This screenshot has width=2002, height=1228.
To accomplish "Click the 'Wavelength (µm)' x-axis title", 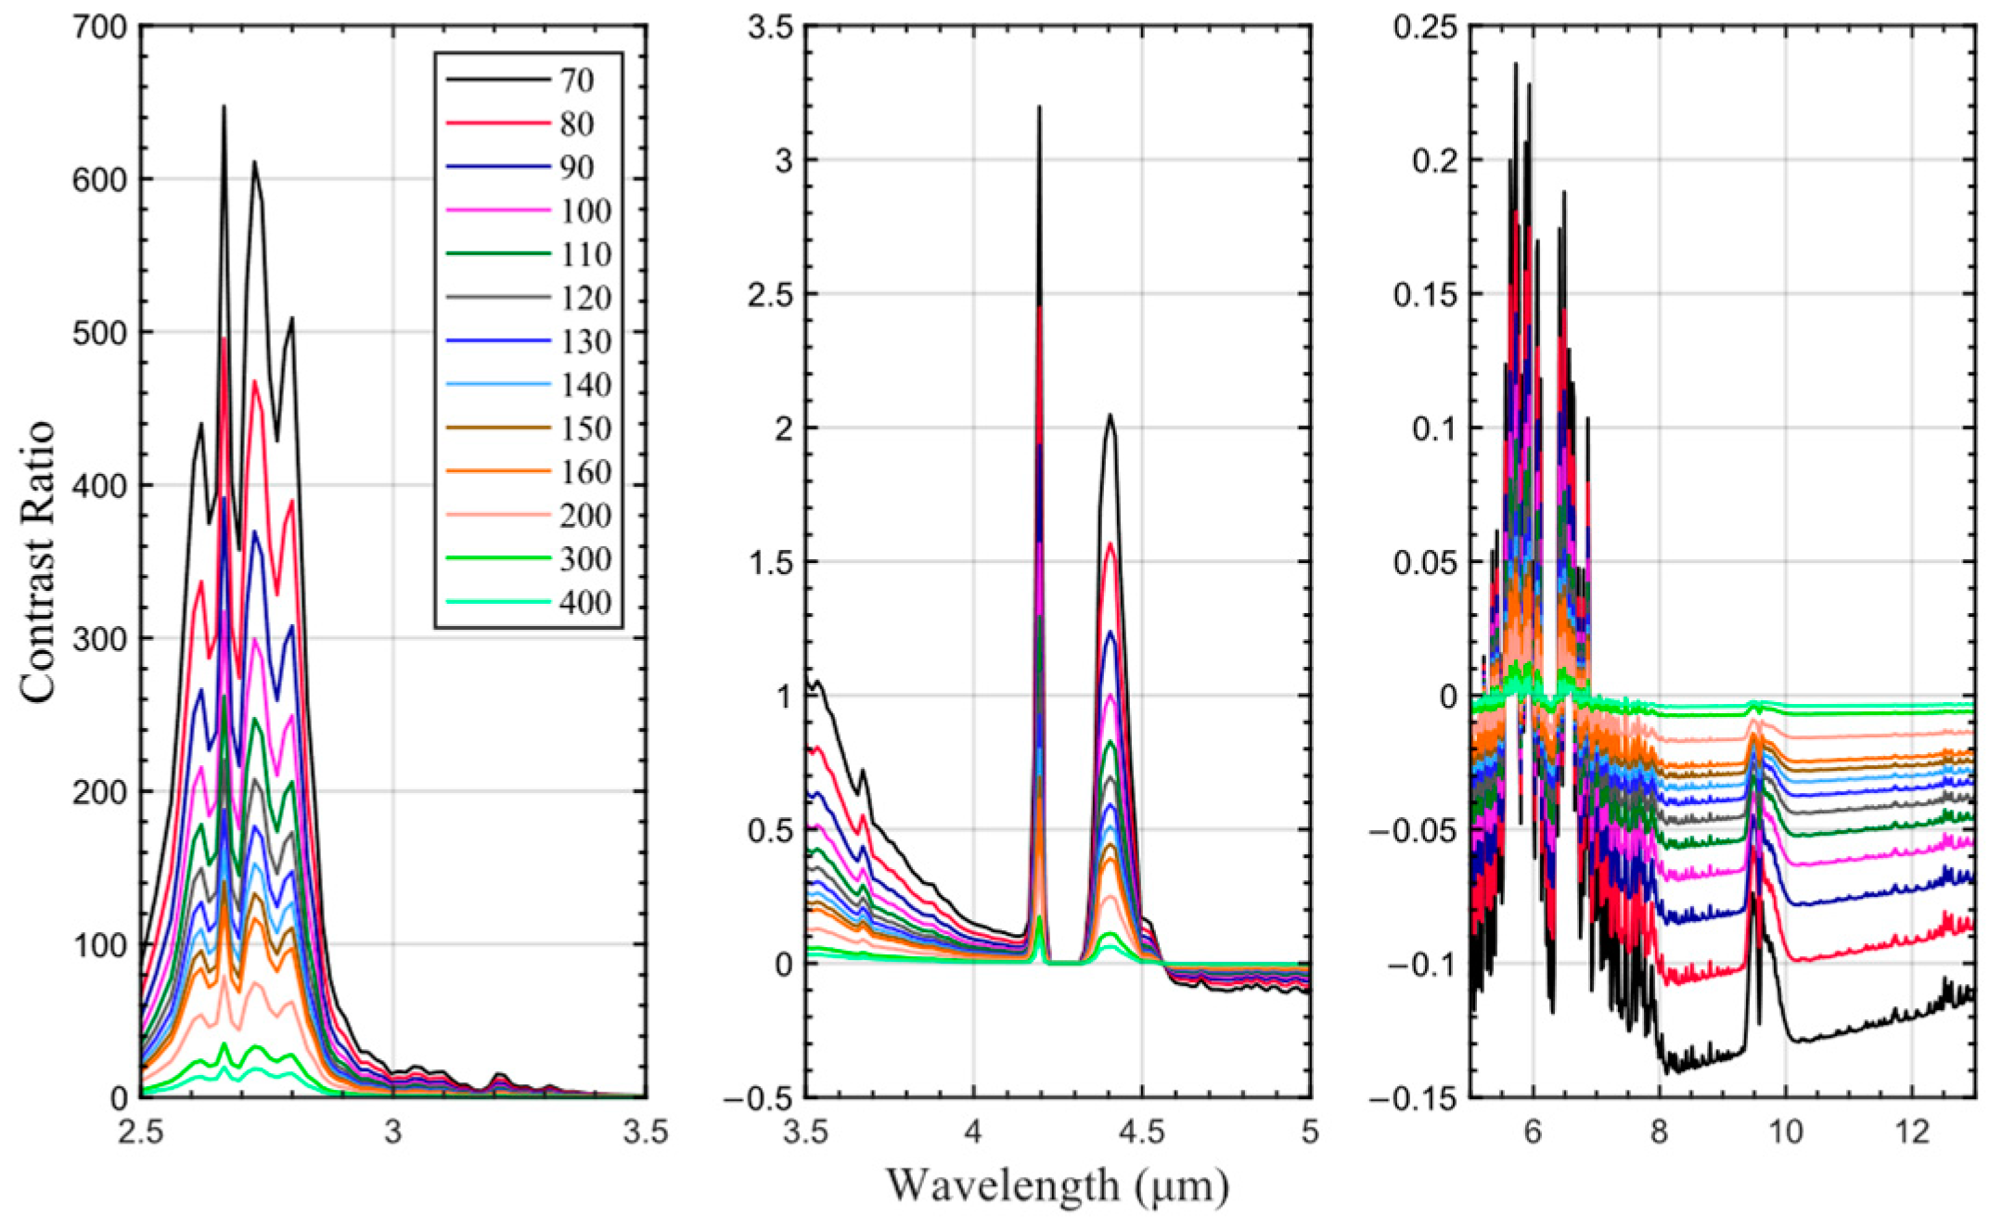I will pyautogui.click(x=1058, y=1185).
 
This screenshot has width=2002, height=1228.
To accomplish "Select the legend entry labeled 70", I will pyautogui.click(x=575, y=81).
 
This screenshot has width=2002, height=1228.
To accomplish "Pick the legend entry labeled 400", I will pyautogui.click(x=584, y=603).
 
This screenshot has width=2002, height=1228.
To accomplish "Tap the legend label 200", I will pyautogui.click(x=584, y=516).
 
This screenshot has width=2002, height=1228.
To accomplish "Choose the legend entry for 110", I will pyautogui.click(x=584, y=254).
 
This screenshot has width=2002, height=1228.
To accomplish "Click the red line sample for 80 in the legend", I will pyautogui.click(x=498, y=123).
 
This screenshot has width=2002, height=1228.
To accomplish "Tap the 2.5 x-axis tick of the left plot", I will pyautogui.click(x=142, y=1132).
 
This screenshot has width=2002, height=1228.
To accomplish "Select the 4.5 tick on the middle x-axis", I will pyautogui.click(x=1141, y=1132).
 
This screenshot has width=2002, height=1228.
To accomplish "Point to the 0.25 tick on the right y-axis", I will pyautogui.click(x=1425, y=28).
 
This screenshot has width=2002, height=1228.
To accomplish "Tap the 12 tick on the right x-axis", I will pyautogui.click(x=1912, y=1132).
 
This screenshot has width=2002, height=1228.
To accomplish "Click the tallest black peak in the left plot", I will pyautogui.click(x=224, y=107).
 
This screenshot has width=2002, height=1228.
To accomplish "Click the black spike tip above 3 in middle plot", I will pyautogui.click(x=1039, y=108).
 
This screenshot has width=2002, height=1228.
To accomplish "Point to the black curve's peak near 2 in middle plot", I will pyautogui.click(x=1109, y=416).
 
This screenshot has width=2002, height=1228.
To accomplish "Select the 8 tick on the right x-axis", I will pyautogui.click(x=1659, y=1132).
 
